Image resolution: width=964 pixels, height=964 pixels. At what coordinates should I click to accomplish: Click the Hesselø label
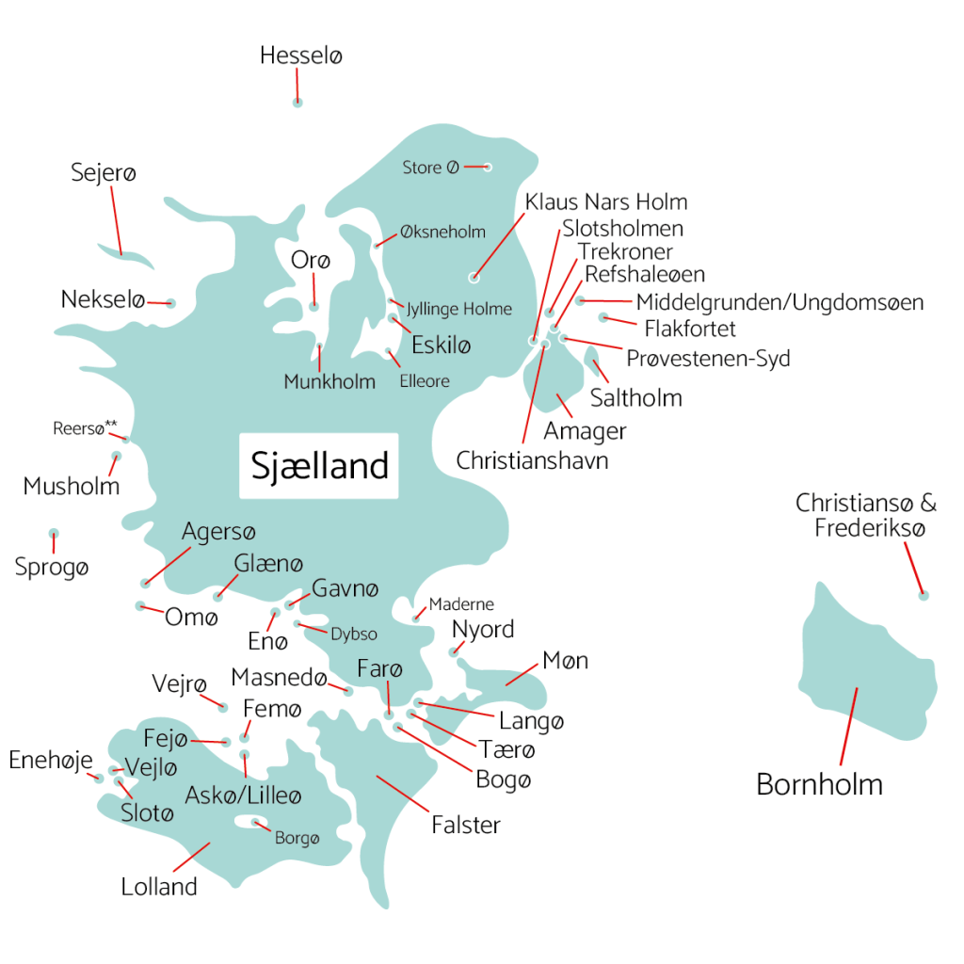(301, 56)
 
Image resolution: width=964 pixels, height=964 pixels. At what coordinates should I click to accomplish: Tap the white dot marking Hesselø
(297, 103)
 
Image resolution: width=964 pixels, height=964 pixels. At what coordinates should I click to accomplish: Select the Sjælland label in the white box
(319, 465)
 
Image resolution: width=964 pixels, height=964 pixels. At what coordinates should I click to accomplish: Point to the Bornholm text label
(819, 784)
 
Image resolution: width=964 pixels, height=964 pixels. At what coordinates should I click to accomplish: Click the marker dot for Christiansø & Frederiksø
(924, 595)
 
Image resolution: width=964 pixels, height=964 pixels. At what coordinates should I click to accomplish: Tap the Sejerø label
(104, 173)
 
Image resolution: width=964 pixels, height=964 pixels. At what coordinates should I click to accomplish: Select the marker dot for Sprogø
(54, 533)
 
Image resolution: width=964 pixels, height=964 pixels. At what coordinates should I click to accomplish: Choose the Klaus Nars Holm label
(606, 201)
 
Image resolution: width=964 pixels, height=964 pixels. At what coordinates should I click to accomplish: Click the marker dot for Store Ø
(488, 167)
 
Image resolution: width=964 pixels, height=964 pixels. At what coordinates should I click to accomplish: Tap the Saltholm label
(635, 397)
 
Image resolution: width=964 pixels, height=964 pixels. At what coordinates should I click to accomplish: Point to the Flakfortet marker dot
(603, 317)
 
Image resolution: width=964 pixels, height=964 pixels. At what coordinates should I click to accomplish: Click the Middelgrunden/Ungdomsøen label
(779, 302)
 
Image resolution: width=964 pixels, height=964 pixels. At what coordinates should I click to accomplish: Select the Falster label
(466, 826)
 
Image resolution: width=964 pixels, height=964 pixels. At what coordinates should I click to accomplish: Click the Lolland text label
(159, 886)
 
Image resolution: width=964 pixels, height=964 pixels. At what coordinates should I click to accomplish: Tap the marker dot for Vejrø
(223, 707)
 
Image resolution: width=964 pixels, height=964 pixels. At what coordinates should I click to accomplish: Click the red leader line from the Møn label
(523, 672)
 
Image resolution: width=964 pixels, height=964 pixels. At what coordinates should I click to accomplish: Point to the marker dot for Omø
(140, 605)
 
